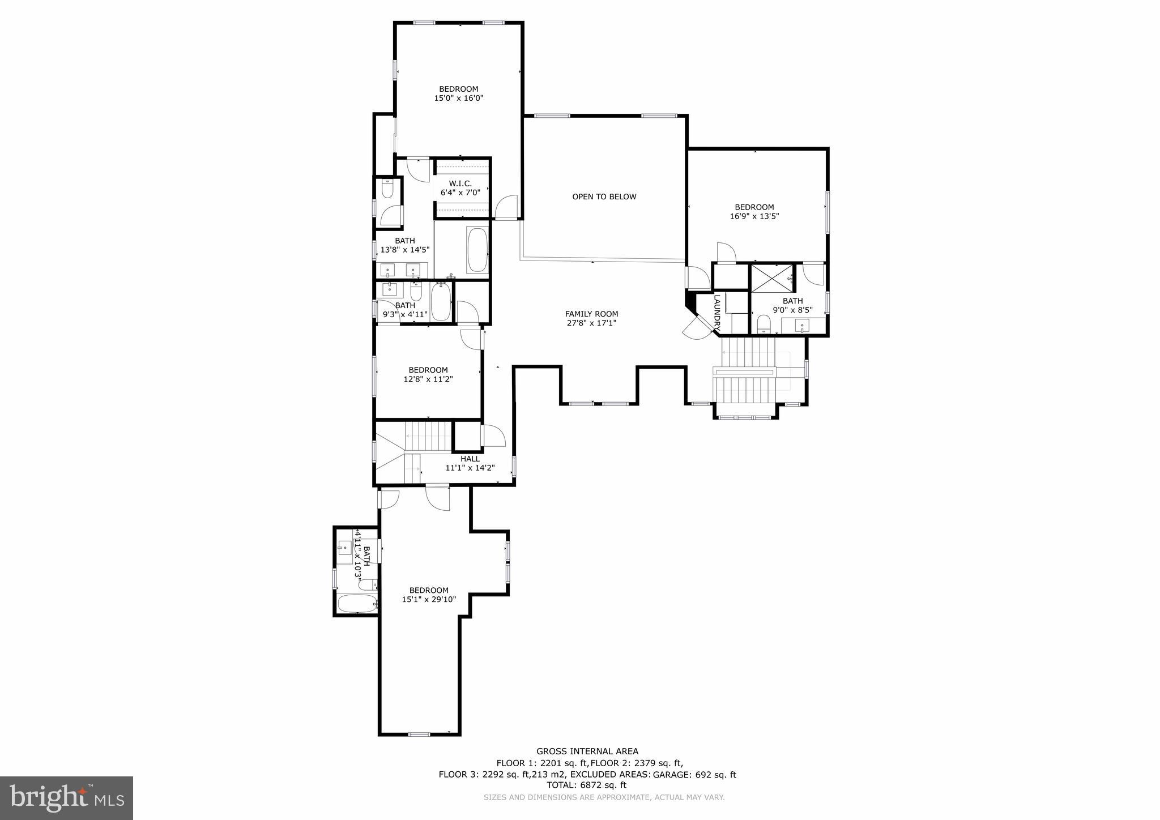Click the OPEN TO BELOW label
tap(604, 197)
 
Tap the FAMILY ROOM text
tap(591, 314)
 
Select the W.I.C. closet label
tap(460, 183)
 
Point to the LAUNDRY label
tap(717, 313)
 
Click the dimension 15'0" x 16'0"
tap(458, 98)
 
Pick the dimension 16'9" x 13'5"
tap(754, 216)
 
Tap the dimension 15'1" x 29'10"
tap(429, 599)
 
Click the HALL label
tap(470, 459)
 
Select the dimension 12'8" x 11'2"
tap(428, 379)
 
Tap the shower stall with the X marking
tap(773, 277)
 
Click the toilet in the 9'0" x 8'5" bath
tap(764, 324)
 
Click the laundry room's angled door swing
tap(696, 328)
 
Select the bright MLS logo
tap(67, 798)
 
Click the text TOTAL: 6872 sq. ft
tap(586, 785)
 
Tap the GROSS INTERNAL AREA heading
tap(587, 751)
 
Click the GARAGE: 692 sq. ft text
tap(694, 775)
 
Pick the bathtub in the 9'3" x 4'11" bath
tap(441, 302)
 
